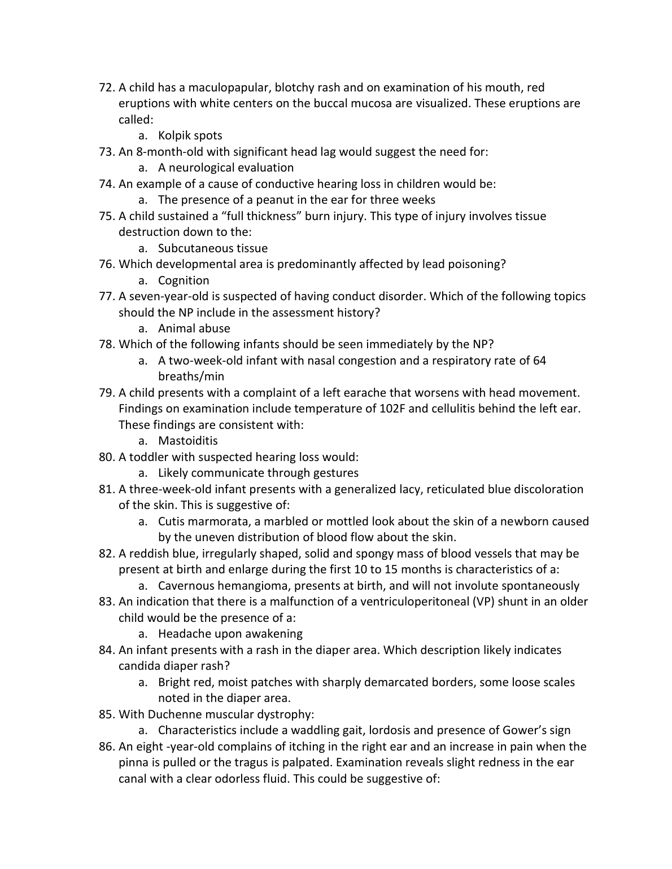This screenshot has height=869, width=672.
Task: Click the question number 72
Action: click(106, 87)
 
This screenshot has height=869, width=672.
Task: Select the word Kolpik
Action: click(174, 135)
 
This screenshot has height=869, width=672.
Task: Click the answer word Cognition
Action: click(184, 280)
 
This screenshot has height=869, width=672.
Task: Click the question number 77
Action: click(106, 296)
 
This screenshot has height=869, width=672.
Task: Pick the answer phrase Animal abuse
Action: click(194, 328)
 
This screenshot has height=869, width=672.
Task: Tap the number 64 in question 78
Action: click(539, 361)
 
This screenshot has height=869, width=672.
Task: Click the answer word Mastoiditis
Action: click(187, 441)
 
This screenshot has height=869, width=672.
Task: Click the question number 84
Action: click(106, 650)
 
